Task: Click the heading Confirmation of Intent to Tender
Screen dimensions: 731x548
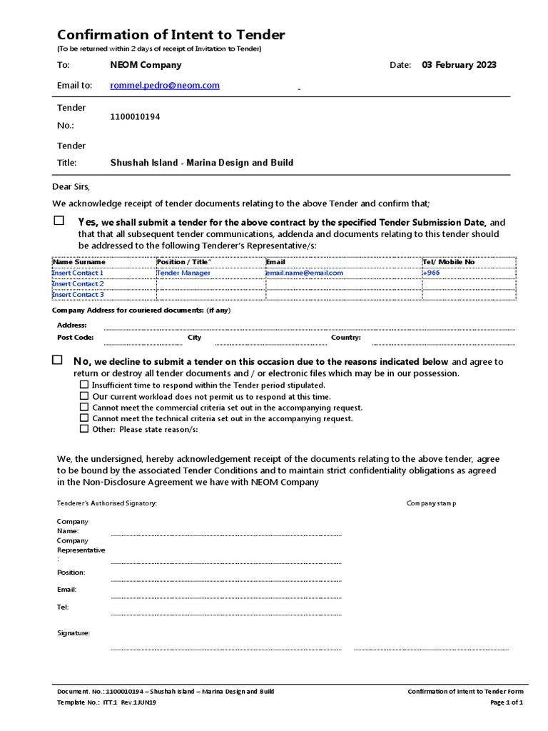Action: pos(171,35)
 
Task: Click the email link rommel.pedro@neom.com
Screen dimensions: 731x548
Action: pos(165,85)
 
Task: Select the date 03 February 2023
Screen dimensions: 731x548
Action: pos(459,65)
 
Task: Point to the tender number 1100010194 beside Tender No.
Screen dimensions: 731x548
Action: pos(135,117)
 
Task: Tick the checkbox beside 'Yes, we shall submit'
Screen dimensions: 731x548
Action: pos(59,221)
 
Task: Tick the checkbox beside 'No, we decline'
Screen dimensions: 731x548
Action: pos(57,361)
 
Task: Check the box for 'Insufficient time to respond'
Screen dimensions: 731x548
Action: pos(84,385)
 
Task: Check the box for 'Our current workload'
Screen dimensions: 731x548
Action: pos(84,395)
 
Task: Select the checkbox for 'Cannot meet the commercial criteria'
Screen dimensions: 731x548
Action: pos(84,407)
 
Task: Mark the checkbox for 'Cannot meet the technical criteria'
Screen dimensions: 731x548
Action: pos(84,418)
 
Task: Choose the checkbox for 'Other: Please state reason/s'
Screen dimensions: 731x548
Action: pos(84,429)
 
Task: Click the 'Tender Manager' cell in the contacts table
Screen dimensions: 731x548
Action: pos(183,273)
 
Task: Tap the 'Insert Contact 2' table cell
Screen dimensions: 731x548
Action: pos(78,283)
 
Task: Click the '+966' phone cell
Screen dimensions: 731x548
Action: pos(431,273)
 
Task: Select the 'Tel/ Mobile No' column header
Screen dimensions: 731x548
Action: pos(448,262)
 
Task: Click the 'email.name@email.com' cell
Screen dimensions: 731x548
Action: pos(304,273)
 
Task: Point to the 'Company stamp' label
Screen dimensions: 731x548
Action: pos(431,503)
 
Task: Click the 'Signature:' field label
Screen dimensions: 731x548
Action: pos(73,632)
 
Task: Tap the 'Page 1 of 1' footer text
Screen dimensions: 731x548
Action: pos(507,702)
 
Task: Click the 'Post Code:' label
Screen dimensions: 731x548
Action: pos(75,338)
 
